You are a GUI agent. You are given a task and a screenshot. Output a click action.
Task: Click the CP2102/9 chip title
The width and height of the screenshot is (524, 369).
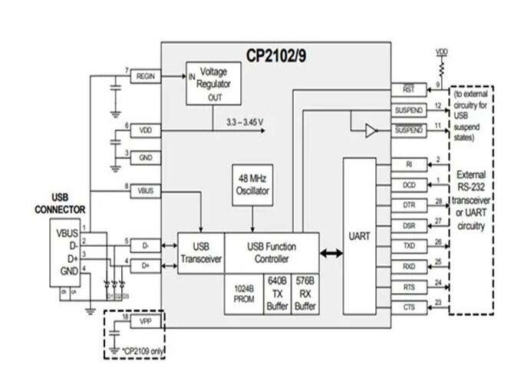tap(277, 55)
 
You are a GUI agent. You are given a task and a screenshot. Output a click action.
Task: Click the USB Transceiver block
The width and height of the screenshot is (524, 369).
tap(201, 253)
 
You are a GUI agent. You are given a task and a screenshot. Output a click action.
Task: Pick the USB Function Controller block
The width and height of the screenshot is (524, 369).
tap(271, 253)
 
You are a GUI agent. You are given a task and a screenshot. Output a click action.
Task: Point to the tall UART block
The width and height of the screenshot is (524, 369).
tap(359, 238)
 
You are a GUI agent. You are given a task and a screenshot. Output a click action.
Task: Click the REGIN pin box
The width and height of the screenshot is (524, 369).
tap(145, 76)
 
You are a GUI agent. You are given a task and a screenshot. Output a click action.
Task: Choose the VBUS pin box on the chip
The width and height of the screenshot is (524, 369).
tap(145, 189)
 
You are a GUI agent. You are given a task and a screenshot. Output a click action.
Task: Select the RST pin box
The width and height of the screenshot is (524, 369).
tap(408, 89)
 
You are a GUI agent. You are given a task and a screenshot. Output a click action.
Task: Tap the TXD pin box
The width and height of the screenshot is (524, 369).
tap(408, 246)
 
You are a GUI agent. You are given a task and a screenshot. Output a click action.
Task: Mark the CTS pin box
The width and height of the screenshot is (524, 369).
tap(408, 307)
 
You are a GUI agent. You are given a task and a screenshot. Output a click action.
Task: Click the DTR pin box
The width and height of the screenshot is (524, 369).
tap(408, 205)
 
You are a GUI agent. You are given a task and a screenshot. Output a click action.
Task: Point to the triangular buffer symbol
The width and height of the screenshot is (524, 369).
tap(371, 131)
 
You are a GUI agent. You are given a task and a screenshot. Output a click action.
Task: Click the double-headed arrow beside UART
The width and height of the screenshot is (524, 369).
tap(330, 253)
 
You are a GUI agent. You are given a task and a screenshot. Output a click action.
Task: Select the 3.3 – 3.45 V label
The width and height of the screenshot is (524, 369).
tap(245, 121)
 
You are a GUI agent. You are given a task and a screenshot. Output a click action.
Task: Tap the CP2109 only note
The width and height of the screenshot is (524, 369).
tap(143, 351)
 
